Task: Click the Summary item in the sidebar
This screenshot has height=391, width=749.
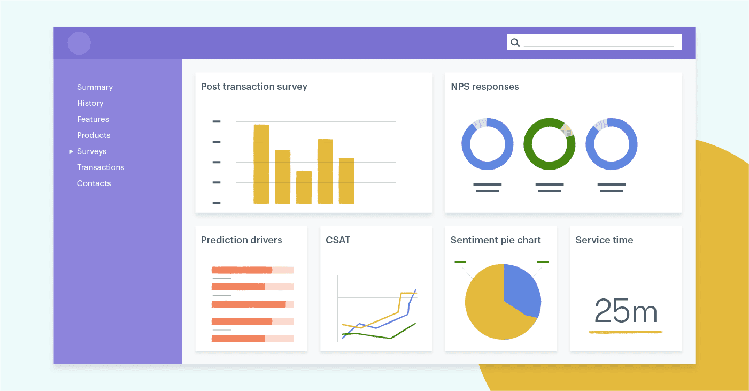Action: (x=95, y=87)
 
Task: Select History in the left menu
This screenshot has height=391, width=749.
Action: (x=90, y=103)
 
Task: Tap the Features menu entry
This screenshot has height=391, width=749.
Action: (x=92, y=119)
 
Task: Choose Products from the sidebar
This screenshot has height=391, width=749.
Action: (x=94, y=135)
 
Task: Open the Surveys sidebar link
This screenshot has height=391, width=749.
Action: (x=91, y=151)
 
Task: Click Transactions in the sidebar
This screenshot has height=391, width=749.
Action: (x=101, y=167)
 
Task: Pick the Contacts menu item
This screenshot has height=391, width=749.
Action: (x=94, y=183)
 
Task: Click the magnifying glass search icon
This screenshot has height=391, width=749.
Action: (x=515, y=42)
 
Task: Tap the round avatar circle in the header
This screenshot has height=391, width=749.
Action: (x=79, y=43)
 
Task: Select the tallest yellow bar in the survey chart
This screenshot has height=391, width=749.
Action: (x=261, y=164)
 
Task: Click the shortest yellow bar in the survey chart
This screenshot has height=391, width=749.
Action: (x=304, y=187)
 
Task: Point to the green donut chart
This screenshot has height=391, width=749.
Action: (x=549, y=144)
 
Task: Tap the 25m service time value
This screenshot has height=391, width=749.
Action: (x=626, y=311)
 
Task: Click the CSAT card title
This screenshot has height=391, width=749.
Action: (x=338, y=240)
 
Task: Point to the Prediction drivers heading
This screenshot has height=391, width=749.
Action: (x=241, y=240)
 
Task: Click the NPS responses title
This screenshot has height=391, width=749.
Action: (x=484, y=87)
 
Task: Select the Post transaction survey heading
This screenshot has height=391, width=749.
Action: (x=254, y=87)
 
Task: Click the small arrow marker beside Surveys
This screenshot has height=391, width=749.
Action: (x=71, y=151)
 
